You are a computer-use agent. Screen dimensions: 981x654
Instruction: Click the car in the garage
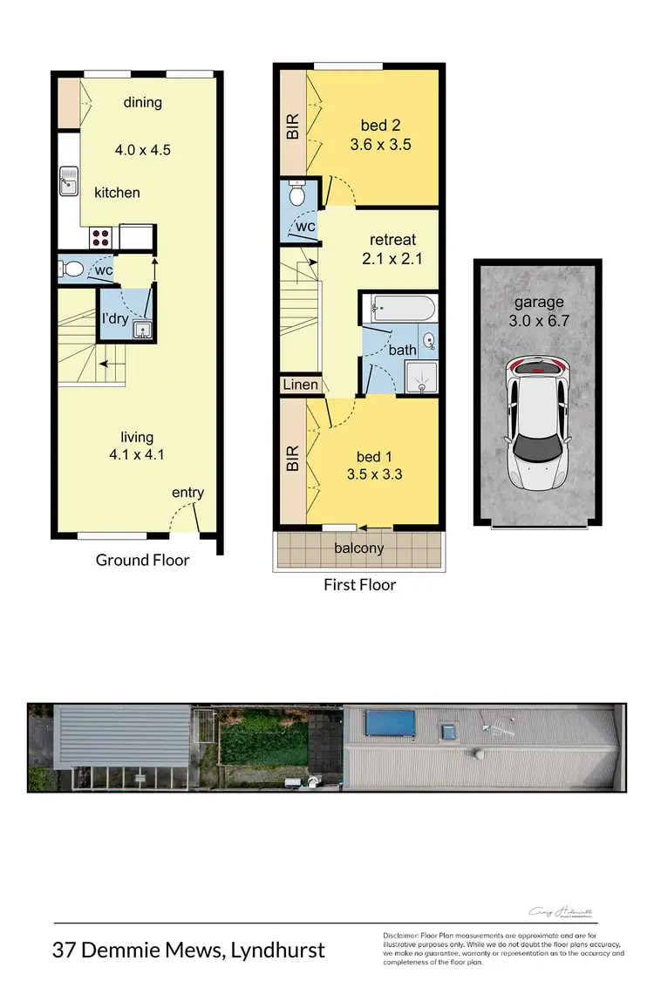click(x=537, y=422)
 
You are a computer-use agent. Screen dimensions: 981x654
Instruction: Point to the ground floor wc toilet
click(x=72, y=269)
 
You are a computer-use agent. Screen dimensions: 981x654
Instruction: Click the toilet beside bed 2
click(x=296, y=195)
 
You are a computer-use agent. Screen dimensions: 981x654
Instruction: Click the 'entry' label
click(x=187, y=493)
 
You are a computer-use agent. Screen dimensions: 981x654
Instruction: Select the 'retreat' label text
click(x=392, y=240)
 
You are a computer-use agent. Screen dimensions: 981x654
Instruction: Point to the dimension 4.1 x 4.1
click(x=137, y=454)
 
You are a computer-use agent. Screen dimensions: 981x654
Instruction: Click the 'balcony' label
click(x=359, y=548)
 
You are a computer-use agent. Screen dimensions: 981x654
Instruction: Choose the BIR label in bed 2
click(x=293, y=127)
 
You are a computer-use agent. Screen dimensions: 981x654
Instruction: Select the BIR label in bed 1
click(x=293, y=459)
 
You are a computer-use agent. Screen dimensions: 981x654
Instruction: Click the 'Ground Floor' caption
click(x=142, y=560)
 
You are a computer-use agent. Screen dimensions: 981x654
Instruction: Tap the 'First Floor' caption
click(x=359, y=584)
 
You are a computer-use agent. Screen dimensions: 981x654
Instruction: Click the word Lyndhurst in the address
click(x=277, y=949)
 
